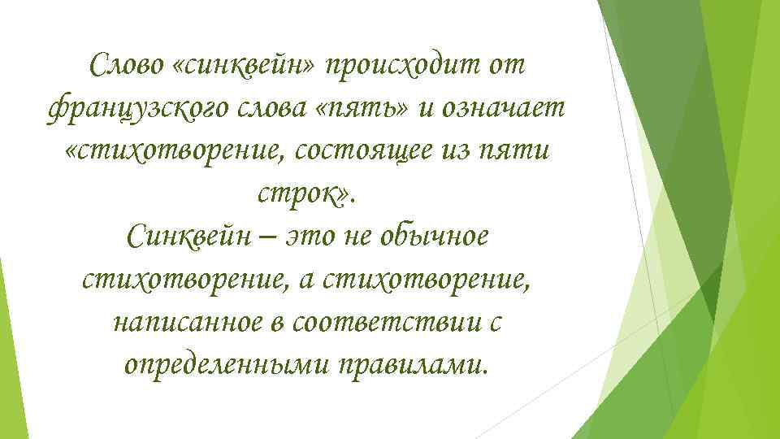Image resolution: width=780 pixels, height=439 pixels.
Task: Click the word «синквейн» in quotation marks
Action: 245,65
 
